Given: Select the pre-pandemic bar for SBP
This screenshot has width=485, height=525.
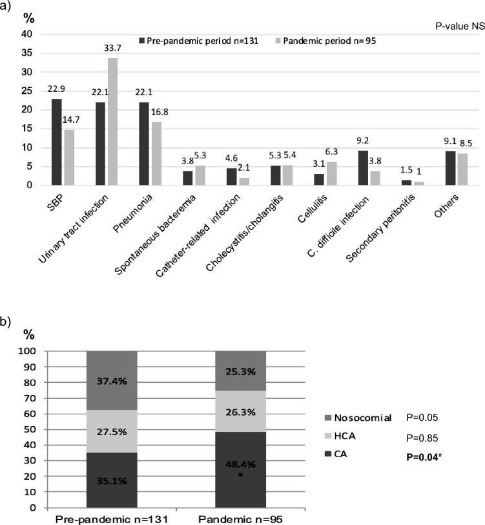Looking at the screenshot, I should pos(57,142).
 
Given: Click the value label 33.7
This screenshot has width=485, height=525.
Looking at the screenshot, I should pos(112,52).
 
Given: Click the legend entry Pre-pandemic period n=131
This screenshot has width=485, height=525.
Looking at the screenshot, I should pos(189,41).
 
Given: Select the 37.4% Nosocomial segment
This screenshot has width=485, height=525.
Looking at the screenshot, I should pos(113,381).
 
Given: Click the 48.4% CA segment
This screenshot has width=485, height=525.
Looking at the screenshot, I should pos(241,463).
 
